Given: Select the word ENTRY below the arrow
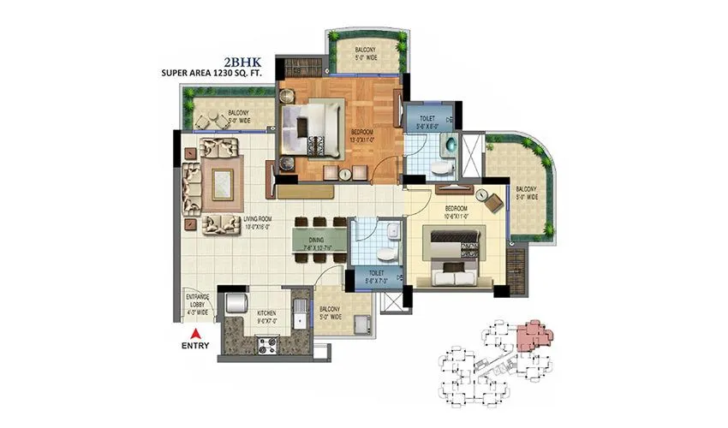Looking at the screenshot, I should click(x=195, y=348).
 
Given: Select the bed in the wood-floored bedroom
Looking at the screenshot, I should click(x=311, y=128).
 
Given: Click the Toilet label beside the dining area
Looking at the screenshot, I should click(x=374, y=276).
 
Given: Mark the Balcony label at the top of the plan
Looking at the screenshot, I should click(x=367, y=55).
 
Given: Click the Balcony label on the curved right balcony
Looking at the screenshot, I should click(x=527, y=193).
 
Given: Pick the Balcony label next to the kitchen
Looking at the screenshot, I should click(x=330, y=314).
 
